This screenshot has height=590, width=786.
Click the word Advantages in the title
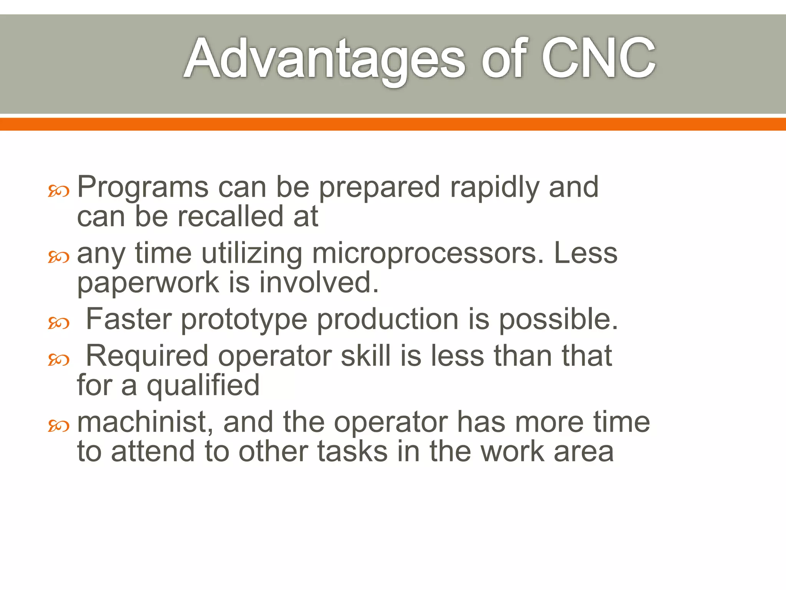324,60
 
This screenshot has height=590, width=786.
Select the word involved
319,282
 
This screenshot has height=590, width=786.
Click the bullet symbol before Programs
58,191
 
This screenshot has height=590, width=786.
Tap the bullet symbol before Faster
58,323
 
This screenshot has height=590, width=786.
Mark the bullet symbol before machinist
58,426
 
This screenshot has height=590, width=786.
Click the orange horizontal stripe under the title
393,124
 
